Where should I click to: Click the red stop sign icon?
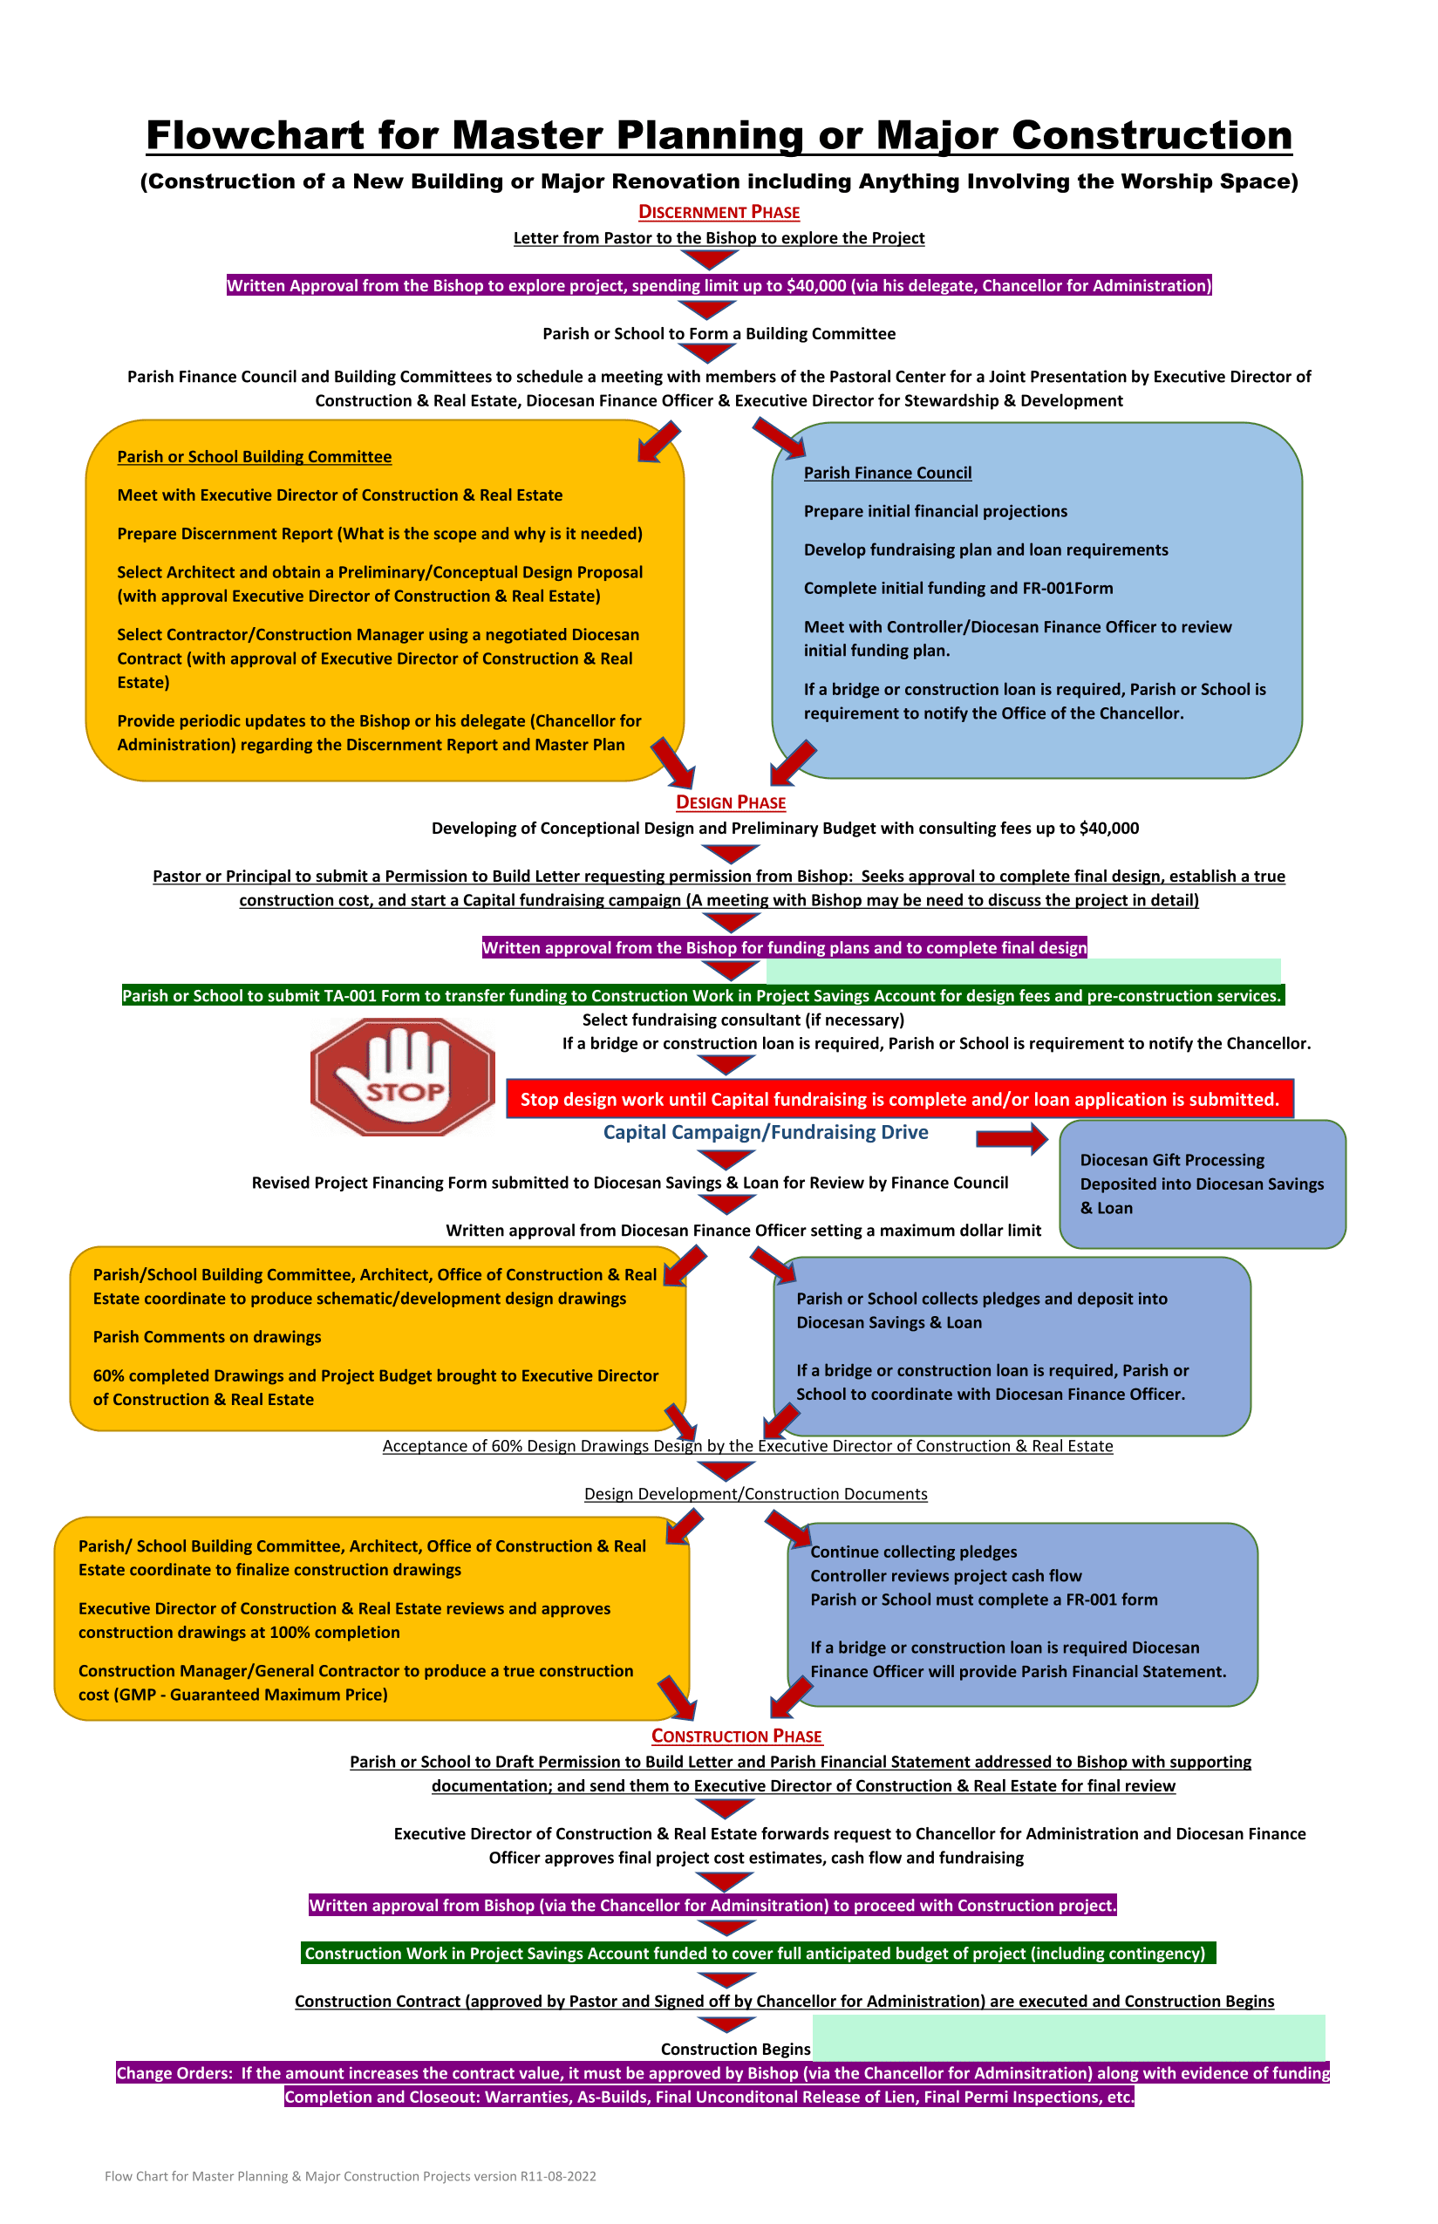[x=403, y=1076]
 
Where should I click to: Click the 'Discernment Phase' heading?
[x=719, y=212]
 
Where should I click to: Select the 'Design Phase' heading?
[x=731, y=802]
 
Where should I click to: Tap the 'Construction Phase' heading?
[x=737, y=1736]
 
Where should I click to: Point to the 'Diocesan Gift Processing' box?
[x=1203, y=1184]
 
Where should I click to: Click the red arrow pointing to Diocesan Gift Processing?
[x=1012, y=1138]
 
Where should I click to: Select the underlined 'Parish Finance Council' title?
[x=888, y=473]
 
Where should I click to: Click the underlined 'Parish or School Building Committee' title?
[x=254, y=456]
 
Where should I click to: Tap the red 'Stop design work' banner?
[x=900, y=1099]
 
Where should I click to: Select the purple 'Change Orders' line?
[x=723, y=2073]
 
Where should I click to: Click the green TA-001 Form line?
[x=703, y=995]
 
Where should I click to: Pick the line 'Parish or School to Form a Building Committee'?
[x=719, y=333]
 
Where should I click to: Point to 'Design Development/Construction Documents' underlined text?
[x=756, y=1494]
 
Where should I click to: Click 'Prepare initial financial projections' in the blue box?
[x=936, y=511]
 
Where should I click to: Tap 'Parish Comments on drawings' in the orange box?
[x=208, y=1337]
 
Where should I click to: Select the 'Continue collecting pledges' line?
[x=914, y=1552]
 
